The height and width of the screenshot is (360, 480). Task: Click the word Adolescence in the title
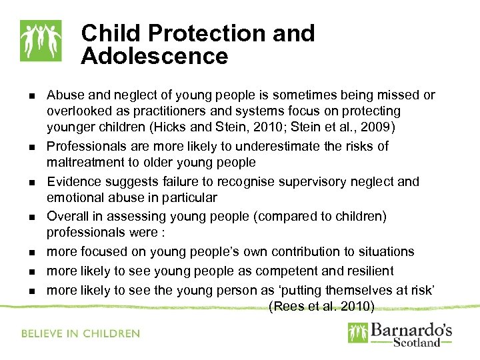(x=155, y=56)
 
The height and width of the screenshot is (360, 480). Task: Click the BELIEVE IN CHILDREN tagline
(x=81, y=333)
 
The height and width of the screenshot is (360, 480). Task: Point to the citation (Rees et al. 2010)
(x=321, y=306)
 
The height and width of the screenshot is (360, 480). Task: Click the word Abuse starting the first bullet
(x=64, y=95)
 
